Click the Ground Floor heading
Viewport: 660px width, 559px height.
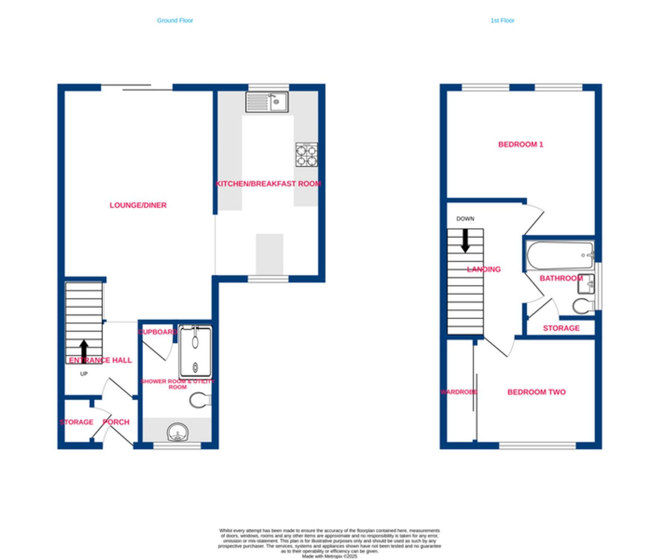click(x=175, y=20)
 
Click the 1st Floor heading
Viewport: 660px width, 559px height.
click(x=502, y=20)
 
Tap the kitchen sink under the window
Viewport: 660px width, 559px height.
click(x=267, y=102)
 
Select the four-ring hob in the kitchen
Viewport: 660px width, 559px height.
click(x=307, y=155)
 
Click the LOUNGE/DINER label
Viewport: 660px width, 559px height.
click(x=138, y=205)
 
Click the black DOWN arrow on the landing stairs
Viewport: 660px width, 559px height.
click(x=465, y=241)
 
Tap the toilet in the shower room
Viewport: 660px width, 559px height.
click(x=199, y=400)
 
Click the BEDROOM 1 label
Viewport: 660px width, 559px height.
click(x=521, y=145)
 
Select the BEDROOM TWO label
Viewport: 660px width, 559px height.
click(x=536, y=392)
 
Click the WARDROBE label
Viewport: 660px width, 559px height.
click(x=458, y=392)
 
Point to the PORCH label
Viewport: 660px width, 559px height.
click(x=116, y=422)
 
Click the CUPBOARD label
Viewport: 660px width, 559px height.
click(x=157, y=332)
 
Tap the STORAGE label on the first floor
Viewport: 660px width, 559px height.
click(x=561, y=328)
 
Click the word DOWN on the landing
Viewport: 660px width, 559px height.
click(x=465, y=219)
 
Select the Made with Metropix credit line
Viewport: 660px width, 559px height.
click(x=329, y=556)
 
